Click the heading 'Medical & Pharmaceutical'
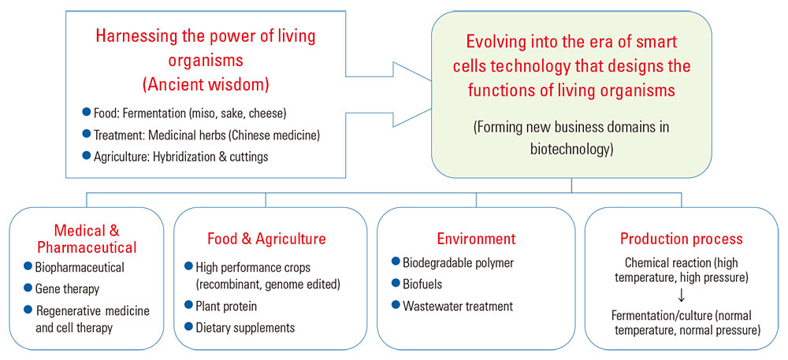[x=87, y=239]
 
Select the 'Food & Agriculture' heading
[x=266, y=239]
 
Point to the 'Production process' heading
[x=681, y=239]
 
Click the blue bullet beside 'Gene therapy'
[x=28, y=288]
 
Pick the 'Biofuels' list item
[x=422, y=284]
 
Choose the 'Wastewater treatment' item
[x=457, y=306]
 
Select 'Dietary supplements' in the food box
[x=245, y=328]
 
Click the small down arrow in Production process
[x=682, y=297]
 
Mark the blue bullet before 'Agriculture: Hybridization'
[x=86, y=156]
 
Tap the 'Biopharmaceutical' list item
[x=80, y=267]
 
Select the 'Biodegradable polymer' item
[x=459, y=262]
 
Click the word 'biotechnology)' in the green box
[x=572, y=150]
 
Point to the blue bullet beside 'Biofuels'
[x=395, y=284]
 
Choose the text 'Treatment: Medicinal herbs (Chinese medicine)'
[x=207, y=135]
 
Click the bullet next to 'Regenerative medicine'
[x=28, y=310]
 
